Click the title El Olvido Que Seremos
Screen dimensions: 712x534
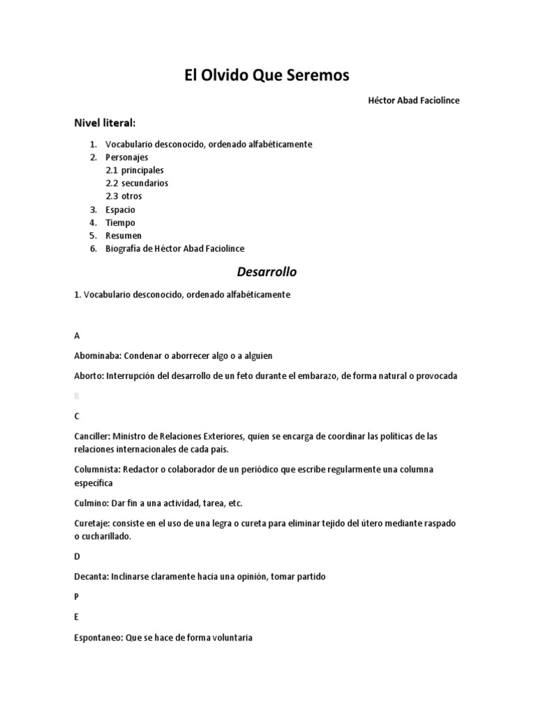click(266, 75)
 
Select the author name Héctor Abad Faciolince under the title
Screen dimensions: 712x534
click(414, 101)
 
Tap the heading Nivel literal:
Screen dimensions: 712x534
click(105, 123)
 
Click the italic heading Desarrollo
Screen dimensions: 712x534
click(266, 271)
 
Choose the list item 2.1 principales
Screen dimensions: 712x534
click(135, 170)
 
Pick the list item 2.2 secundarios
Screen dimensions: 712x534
click(137, 184)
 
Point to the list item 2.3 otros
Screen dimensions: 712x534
click(124, 197)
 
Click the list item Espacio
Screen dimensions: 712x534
click(120, 210)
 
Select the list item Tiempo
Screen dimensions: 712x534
click(120, 223)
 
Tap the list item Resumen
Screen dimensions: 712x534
click(124, 236)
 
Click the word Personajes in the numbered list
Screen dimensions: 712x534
click(127, 157)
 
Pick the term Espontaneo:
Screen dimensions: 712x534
click(99, 637)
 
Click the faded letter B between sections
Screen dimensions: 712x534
click(76, 396)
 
